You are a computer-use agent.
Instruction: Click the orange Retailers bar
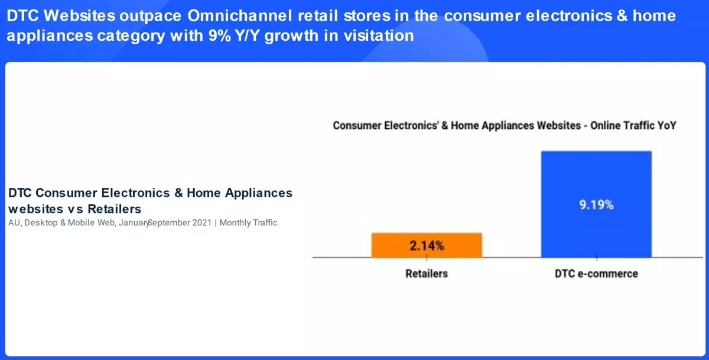(x=427, y=245)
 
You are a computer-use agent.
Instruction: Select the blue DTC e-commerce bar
(x=596, y=205)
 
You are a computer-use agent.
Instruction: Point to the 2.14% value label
(x=427, y=246)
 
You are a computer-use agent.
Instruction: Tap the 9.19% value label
(x=596, y=205)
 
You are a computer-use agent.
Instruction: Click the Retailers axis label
(x=427, y=274)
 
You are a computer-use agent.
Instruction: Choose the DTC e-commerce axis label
(x=596, y=274)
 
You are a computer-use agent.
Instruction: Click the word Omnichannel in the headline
(x=240, y=15)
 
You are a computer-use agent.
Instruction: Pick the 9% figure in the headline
(x=220, y=35)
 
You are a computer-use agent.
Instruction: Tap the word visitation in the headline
(x=379, y=35)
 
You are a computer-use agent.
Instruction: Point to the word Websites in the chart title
(x=559, y=126)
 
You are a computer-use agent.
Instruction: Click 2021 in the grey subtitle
(x=201, y=223)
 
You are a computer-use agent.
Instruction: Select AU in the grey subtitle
(x=15, y=223)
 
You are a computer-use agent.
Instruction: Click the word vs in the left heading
(x=76, y=209)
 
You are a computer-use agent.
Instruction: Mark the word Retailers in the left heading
(x=114, y=209)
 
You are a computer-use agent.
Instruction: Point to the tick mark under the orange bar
(x=427, y=258)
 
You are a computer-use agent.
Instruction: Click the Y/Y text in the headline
(x=247, y=35)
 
